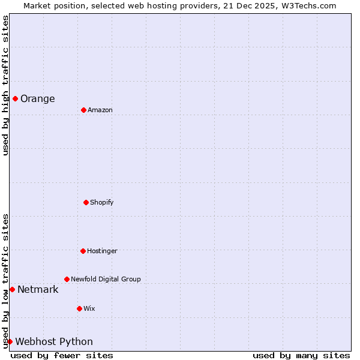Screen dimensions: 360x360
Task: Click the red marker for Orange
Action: [15, 98]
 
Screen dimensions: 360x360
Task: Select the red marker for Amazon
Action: [83, 110]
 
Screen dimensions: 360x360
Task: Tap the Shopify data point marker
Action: [86, 202]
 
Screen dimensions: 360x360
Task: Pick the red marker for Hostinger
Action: [83, 251]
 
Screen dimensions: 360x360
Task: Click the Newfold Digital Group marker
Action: [67, 279]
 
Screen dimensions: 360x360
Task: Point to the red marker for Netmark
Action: [12, 289]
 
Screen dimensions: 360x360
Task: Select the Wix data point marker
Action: [79, 308]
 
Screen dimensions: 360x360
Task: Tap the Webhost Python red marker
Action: [10, 341]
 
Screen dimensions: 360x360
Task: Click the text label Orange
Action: [37, 99]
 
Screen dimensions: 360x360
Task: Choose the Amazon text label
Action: [100, 110]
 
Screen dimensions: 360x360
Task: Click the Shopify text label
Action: [102, 203]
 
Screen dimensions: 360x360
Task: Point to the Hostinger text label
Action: [102, 251]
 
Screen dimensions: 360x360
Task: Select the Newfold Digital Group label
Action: [106, 279]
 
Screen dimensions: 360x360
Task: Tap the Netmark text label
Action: [38, 290]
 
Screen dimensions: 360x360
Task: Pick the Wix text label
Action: [89, 309]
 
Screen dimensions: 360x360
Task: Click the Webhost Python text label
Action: [54, 342]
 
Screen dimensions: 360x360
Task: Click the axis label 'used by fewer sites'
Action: [62, 356]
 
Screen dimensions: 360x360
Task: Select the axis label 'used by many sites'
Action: [301, 356]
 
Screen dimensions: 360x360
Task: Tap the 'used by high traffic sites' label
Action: [5, 86]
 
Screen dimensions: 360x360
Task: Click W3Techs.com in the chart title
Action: [306, 5]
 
